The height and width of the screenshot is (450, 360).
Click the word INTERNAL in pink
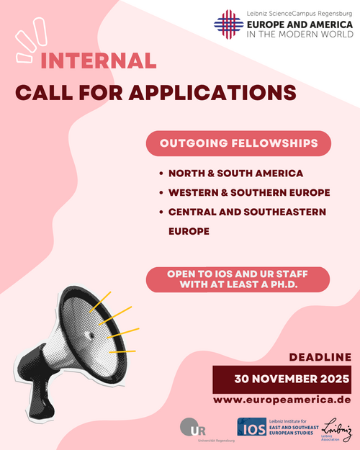click(99, 60)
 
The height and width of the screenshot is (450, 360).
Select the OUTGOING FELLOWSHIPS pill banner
click(238, 143)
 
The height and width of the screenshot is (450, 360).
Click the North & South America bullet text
click(235, 174)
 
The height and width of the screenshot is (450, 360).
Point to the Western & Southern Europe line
click(249, 192)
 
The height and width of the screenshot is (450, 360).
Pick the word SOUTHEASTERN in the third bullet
click(285, 212)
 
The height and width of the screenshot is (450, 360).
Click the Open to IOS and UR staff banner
click(238, 279)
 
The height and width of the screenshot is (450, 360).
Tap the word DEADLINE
click(320, 357)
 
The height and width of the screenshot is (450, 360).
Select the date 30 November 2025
click(292, 379)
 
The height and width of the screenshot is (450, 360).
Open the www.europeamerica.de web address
click(282, 400)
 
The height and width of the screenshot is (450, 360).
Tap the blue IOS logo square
click(252, 426)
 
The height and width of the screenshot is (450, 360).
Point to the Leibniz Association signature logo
click(336, 429)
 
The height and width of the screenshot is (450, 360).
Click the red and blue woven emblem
click(228, 24)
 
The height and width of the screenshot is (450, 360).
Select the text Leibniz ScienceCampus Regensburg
click(299, 14)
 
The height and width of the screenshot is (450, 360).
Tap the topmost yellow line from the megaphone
click(100, 302)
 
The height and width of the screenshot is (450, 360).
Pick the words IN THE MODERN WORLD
click(300, 34)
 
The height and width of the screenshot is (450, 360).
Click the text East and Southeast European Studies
click(294, 430)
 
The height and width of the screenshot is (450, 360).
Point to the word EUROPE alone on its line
click(189, 231)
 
